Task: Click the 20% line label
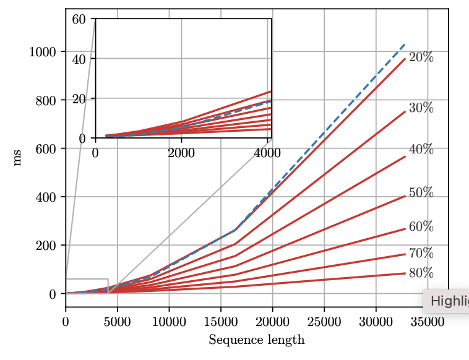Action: coord(421,58)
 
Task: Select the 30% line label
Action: coord(421,108)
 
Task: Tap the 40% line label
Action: coord(421,150)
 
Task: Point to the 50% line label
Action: coord(421,193)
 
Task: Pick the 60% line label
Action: coord(421,227)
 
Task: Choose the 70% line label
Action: coord(421,254)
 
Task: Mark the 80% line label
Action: coord(421,273)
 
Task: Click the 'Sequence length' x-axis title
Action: coord(256,340)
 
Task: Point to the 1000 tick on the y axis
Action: coord(43,52)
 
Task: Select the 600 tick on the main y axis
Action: coord(46,149)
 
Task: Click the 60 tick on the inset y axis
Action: coord(79,19)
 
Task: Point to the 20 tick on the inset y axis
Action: coord(79,99)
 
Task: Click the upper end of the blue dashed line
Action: coord(405,45)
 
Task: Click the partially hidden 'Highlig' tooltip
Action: coord(447,301)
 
